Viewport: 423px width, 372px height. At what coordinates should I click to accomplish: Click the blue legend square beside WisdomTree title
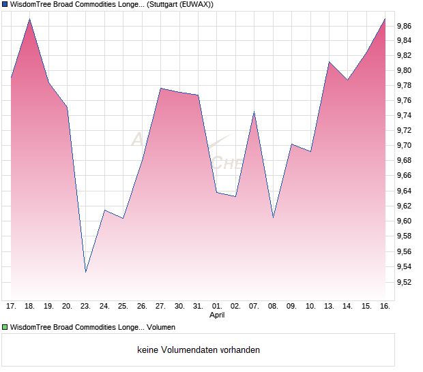5,5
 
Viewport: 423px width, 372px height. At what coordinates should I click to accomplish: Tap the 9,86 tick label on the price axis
403,26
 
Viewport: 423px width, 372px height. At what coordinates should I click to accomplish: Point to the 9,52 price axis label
403,282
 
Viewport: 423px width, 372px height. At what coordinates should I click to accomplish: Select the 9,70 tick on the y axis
403,145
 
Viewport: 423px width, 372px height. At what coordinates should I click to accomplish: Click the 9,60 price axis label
403,221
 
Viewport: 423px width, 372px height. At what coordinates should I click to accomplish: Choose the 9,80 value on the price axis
403,70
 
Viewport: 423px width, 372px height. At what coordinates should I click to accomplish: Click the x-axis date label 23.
86,307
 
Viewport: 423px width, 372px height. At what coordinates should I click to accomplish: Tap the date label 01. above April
217,307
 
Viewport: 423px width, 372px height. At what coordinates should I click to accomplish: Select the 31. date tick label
198,307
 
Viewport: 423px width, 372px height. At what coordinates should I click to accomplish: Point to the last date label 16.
385,307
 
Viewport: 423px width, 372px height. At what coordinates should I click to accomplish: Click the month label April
217,315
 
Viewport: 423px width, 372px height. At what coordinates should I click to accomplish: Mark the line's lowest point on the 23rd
86,272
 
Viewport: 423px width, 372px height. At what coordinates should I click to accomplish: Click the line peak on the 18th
30,18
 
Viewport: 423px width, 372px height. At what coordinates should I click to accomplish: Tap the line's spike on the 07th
254,112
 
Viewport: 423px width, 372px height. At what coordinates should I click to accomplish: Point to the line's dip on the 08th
273,217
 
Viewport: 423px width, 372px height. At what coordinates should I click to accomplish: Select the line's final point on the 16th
385,18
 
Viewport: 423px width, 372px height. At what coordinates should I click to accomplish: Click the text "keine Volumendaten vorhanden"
199,350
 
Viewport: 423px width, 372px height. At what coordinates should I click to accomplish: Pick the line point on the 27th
160,89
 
